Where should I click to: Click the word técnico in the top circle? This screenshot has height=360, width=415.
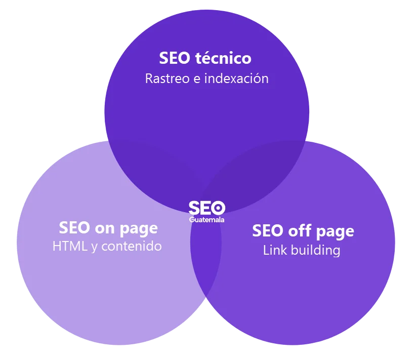coord(223,58)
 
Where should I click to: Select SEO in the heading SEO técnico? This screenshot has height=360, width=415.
coord(175,58)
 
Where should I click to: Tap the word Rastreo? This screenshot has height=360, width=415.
coord(168,78)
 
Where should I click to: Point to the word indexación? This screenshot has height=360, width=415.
coord(236,78)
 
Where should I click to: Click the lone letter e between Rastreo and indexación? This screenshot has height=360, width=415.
coord(197,79)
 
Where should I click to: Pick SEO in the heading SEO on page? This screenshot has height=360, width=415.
coord(74,228)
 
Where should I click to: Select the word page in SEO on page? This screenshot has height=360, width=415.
coord(139,229)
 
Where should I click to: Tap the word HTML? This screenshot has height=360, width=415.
coord(70,246)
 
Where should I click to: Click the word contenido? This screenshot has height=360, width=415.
coord(132,246)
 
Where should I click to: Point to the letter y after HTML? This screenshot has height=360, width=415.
coord(94,248)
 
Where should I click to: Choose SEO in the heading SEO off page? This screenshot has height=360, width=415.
coord(268,230)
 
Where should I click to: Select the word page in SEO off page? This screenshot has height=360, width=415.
coord(335,232)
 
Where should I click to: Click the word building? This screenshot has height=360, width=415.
coord(315,251)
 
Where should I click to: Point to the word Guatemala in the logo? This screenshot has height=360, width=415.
coord(206,220)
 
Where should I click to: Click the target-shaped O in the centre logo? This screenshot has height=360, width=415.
coord(218,208)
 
